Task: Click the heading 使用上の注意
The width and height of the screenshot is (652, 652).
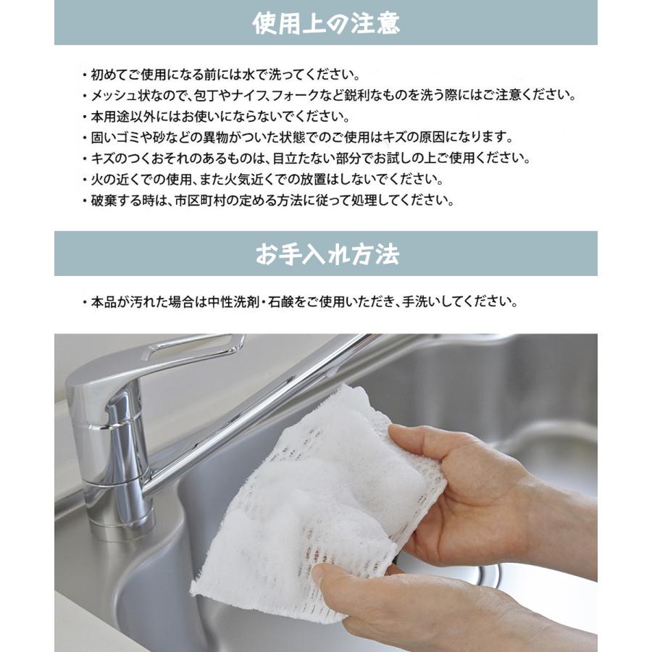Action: click(x=325, y=24)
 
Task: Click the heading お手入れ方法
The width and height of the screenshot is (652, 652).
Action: click(x=325, y=254)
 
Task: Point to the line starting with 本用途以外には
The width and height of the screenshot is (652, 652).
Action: click(x=217, y=117)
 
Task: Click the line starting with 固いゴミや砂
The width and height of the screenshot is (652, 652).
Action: click(x=297, y=138)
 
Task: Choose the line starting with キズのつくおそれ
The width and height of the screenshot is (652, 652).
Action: click(x=305, y=159)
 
